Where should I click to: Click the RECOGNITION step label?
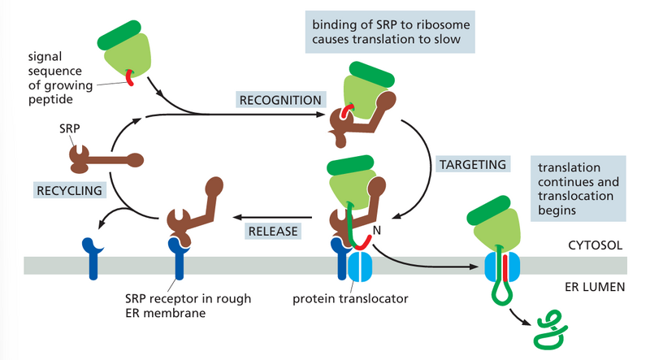[279, 100]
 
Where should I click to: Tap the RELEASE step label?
[274, 231]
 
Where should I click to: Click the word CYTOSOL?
[597, 243]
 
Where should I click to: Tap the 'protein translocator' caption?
[350, 298]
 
